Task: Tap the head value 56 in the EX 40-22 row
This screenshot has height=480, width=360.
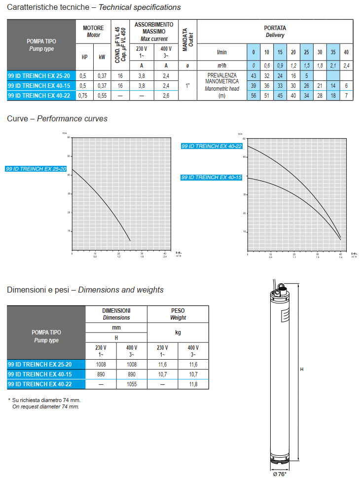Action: click(253, 96)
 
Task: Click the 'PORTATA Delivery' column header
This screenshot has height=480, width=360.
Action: click(275, 32)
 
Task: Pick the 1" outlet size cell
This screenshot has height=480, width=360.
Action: click(187, 85)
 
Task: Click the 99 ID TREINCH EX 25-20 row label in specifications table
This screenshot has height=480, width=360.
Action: click(41, 75)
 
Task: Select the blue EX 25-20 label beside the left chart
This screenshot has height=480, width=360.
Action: click(36, 169)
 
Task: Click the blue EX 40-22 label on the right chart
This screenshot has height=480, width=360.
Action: click(212, 147)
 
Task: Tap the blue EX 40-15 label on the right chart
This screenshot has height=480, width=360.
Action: click(212, 177)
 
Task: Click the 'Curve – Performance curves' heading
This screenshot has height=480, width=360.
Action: click(57, 118)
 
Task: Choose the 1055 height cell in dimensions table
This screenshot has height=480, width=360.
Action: click(132, 384)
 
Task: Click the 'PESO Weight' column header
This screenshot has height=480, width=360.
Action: click(178, 314)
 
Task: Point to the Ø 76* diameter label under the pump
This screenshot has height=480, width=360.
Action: click(279, 474)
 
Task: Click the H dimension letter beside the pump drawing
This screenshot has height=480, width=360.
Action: click(302, 369)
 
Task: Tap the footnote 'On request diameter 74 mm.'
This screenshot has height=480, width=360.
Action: click(45, 407)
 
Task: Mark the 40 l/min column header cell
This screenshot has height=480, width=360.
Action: click(346, 52)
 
